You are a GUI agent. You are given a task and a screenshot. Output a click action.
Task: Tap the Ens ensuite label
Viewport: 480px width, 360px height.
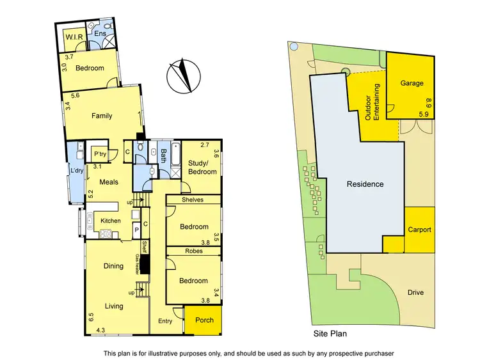[100, 33]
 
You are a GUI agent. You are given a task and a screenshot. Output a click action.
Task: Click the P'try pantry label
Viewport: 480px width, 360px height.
[100, 154]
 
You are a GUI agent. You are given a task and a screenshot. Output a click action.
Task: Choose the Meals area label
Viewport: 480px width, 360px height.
[100, 181]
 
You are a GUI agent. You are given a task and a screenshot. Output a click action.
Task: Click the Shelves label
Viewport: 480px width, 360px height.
[192, 200]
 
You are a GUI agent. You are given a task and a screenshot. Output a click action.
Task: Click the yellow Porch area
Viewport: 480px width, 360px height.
[204, 320]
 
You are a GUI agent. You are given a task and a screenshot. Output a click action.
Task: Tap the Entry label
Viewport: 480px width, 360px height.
[165, 321]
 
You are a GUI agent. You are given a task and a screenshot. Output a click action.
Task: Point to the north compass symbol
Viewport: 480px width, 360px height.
[181, 75]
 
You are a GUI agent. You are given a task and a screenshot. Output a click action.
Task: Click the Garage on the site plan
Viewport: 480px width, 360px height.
[412, 83]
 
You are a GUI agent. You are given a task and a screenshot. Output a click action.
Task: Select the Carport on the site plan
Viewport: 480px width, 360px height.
[419, 230]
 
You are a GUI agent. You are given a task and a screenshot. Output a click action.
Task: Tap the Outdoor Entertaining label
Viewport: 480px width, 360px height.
[372, 103]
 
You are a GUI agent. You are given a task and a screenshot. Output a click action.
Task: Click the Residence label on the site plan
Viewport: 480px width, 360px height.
[365, 184]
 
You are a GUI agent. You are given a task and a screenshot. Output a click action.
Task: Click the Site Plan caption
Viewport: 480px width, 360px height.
[330, 334]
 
